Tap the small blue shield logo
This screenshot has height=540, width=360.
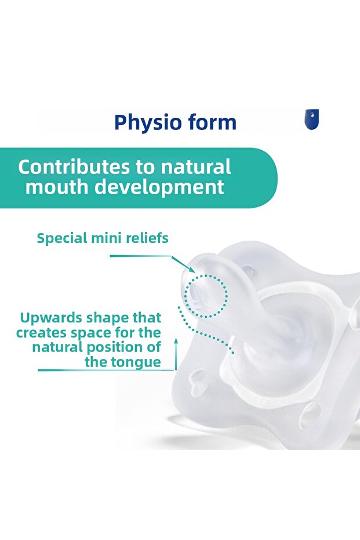click(x=311, y=119)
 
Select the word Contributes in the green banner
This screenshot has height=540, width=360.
click(x=74, y=167)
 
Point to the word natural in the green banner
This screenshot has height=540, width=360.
click(x=196, y=167)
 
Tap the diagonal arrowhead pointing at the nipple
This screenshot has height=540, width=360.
click(x=190, y=268)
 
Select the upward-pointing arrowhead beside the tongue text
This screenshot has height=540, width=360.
click(x=176, y=341)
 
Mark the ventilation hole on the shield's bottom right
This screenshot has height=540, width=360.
click(x=310, y=415)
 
